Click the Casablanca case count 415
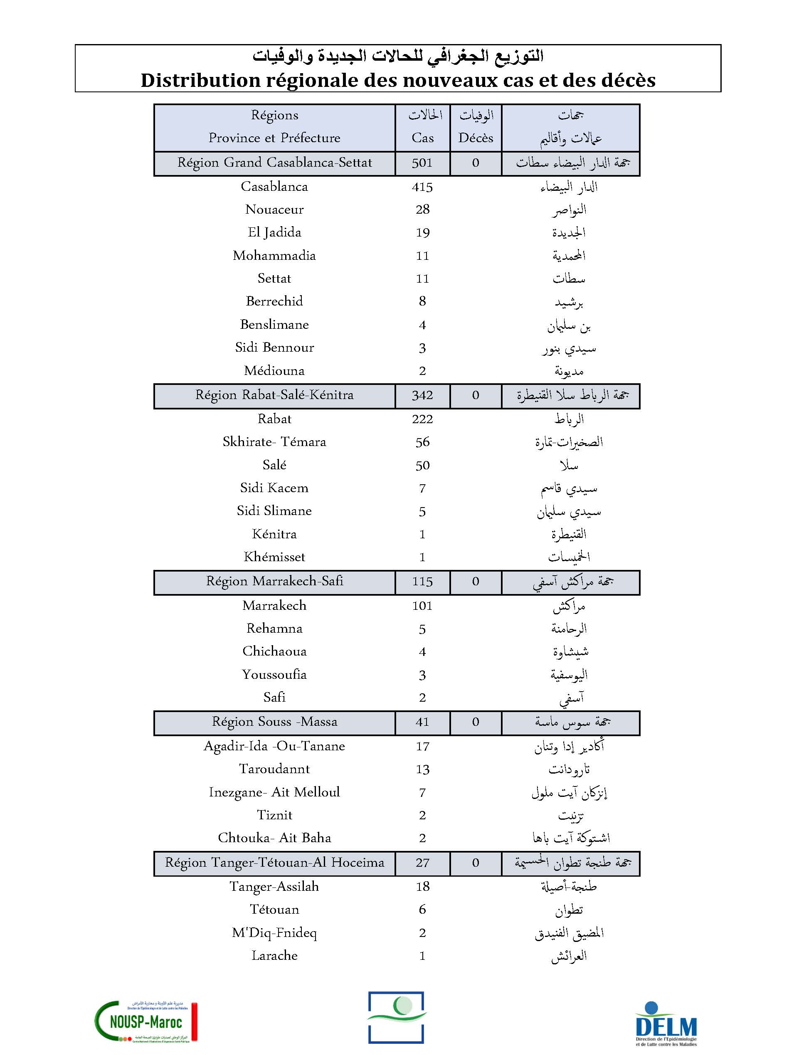click(x=422, y=187)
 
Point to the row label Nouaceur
click(x=274, y=210)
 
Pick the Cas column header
click(x=422, y=138)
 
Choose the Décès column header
click(x=476, y=138)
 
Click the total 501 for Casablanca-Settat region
click(x=422, y=163)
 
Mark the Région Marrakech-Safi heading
click(x=274, y=582)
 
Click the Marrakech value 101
click(x=422, y=606)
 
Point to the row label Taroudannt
click(x=274, y=769)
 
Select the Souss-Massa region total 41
click(x=422, y=722)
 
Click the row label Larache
click(x=274, y=955)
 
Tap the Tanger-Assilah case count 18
click(x=422, y=886)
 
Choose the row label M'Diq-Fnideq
click(x=274, y=932)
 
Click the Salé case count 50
click(x=422, y=466)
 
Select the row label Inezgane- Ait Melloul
click(x=274, y=792)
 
